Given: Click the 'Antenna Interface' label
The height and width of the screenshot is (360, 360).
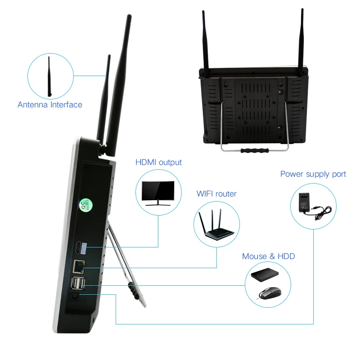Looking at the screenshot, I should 50,105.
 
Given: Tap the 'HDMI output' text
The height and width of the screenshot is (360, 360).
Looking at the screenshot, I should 159,162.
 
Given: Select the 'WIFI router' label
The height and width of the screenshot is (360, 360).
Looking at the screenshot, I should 216,194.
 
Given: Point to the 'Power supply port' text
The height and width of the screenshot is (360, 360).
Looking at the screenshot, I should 313,174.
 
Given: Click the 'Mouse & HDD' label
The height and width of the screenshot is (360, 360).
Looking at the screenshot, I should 269,256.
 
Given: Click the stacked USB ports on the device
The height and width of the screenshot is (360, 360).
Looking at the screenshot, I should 78,284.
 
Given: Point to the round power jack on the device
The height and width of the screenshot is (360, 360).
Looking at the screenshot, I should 75,297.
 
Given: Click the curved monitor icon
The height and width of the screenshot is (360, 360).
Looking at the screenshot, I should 158,193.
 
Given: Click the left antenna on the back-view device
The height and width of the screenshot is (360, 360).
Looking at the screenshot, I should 204,40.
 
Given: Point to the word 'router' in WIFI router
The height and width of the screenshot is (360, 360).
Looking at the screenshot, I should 226,194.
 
